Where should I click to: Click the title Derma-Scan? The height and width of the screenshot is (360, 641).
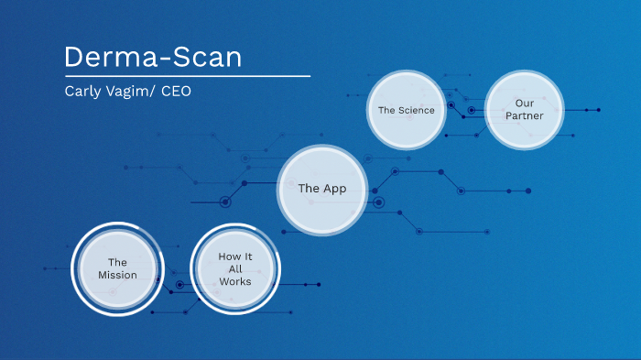(x=154, y=57)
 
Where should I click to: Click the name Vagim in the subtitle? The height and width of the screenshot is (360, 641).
(x=128, y=92)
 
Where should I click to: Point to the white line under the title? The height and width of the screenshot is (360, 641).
(x=187, y=76)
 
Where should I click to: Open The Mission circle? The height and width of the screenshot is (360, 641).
(x=117, y=268)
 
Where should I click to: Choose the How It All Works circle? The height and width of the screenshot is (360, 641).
(x=234, y=268)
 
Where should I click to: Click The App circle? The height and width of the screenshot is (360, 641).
(x=322, y=189)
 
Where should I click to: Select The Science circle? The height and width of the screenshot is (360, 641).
(x=407, y=110)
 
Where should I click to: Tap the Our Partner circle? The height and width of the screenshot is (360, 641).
(x=524, y=110)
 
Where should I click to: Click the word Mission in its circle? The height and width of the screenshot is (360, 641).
(x=117, y=275)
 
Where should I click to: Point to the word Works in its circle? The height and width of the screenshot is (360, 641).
(x=234, y=281)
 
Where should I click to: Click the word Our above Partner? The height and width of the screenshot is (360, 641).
(x=524, y=104)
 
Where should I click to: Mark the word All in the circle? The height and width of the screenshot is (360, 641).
(x=234, y=268)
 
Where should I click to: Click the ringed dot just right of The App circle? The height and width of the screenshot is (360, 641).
(x=378, y=202)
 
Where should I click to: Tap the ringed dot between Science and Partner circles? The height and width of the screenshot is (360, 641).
(x=472, y=110)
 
